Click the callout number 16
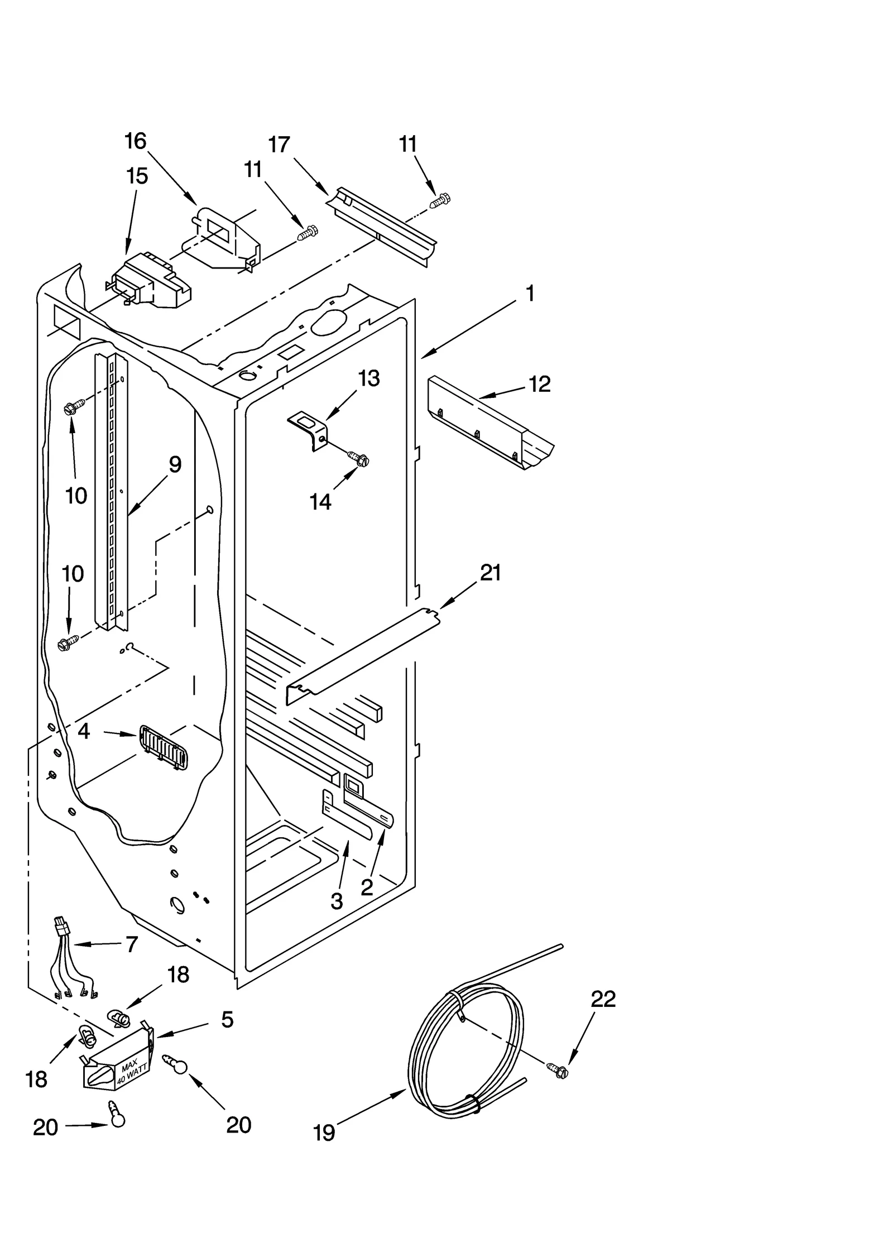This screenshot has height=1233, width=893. pos(135,141)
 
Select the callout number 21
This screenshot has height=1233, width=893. pos(490,573)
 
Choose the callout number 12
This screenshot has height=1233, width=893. pos(539,383)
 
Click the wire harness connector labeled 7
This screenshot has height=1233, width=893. pos(62,928)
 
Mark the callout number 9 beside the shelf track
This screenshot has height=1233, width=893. pos(175,464)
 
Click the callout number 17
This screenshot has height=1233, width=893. pos(279,145)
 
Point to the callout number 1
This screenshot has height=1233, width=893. pos(530,293)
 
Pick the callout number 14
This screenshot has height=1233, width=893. pos(320,502)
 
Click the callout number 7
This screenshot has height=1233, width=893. pos(131,944)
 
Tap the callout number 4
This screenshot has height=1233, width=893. pos(84,731)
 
